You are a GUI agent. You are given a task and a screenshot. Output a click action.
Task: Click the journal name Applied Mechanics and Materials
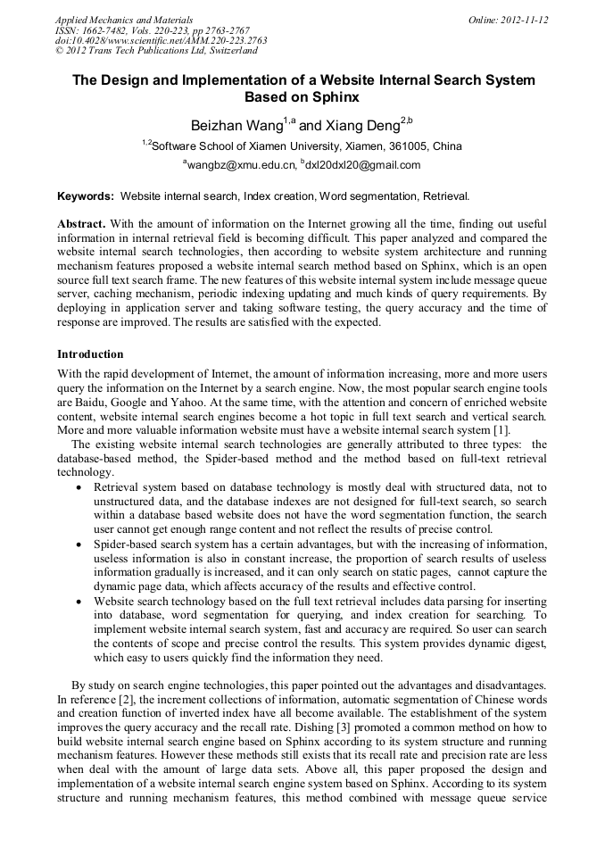(124, 20)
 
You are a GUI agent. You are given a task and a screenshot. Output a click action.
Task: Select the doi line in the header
(161, 41)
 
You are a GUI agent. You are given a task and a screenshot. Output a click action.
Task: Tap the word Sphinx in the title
(335, 96)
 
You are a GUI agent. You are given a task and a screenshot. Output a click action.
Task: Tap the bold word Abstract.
(81, 222)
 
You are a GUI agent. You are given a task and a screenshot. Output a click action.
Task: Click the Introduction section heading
(90, 354)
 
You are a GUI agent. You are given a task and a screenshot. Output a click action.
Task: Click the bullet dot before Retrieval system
(82, 487)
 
